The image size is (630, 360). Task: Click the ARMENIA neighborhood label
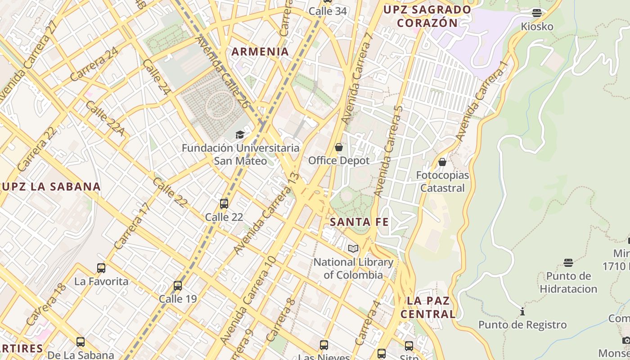(x=260, y=52)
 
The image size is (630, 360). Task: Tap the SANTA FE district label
(x=359, y=222)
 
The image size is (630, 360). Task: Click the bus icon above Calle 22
(x=224, y=204)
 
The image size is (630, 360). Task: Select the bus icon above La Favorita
(x=101, y=268)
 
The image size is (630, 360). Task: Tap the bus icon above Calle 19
(x=178, y=286)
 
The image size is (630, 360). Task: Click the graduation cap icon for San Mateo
(x=240, y=135)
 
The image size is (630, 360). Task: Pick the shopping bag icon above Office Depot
(x=339, y=147)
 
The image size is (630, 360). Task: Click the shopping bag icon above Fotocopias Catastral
(x=442, y=162)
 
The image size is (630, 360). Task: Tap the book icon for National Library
(x=353, y=248)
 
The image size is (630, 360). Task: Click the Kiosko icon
(x=536, y=13)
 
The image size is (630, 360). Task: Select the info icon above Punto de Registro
(x=522, y=311)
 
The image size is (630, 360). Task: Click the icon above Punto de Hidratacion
(x=568, y=262)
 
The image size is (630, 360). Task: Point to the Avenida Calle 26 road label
(x=222, y=72)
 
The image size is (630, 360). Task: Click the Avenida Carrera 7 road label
(x=357, y=79)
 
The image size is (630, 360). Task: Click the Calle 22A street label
(x=104, y=118)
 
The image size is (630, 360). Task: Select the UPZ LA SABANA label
(x=50, y=187)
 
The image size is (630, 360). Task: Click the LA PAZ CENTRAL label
(x=428, y=307)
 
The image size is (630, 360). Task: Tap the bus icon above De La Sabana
(x=81, y=342)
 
